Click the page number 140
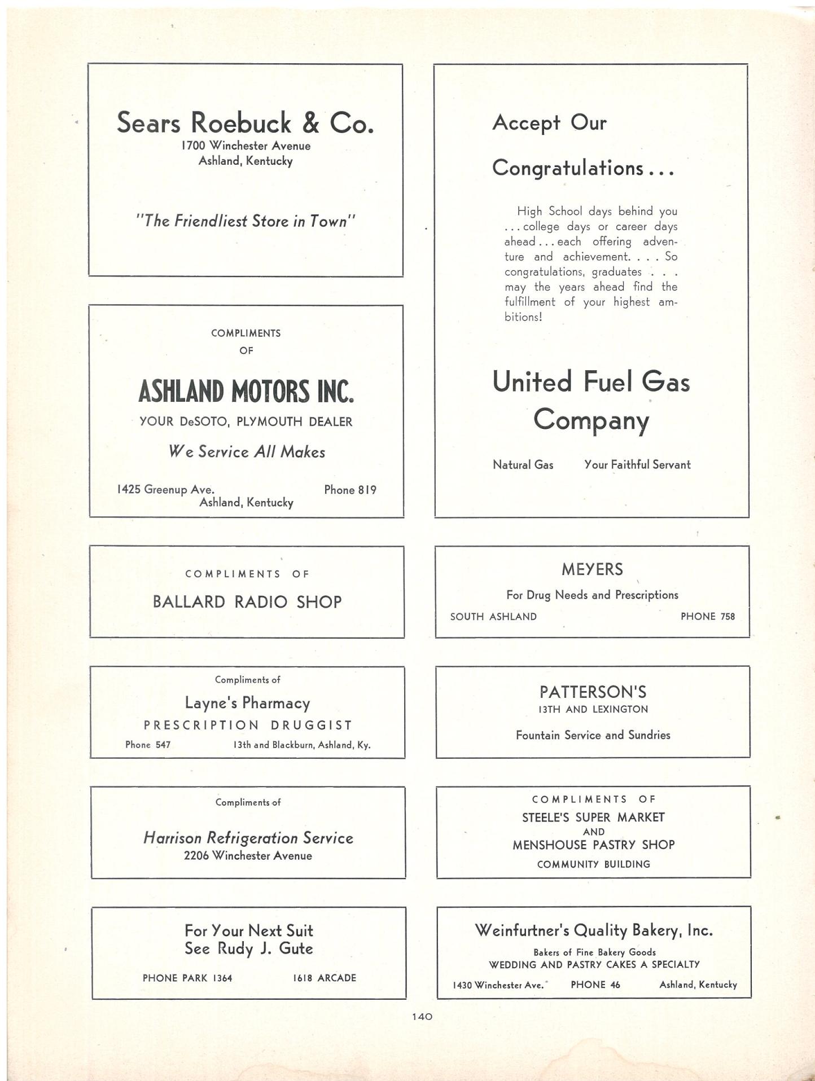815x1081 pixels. coord(422,1016)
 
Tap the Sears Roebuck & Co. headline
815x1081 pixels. coord(245,122)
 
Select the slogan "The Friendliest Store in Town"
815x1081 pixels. coord(246,221)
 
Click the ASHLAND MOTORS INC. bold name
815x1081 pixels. coord(246,392)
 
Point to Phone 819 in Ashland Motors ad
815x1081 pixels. coord(350,490)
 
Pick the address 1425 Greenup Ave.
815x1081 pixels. coord(165,489)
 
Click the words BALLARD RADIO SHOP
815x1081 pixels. coord(247,602)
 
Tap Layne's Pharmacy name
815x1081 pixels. coord(248,703)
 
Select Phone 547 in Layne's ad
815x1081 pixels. coord(148,745)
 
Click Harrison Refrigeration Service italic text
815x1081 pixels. coord(248,838)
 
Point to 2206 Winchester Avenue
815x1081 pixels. coord(248,855)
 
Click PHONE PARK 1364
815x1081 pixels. coord(187,978)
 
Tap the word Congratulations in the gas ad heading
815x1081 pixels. coord(567,168)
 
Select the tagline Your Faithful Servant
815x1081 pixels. coord(637,464)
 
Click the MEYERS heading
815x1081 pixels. coord(592,570)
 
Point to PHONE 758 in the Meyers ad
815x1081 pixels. coord(708,616)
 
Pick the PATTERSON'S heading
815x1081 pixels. coord(593,692)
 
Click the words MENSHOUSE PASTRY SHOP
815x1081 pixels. coord(593,845)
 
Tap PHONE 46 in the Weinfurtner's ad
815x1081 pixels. coord(595,985)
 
